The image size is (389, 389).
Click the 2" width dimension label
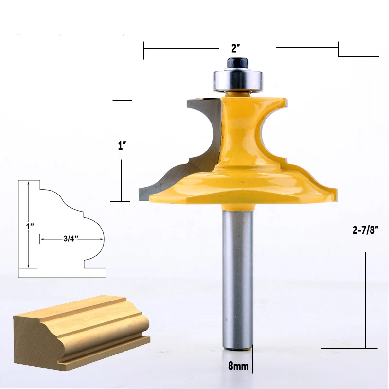pyautogui.click(x=236, y=48)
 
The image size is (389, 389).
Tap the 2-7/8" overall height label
pyautogui.click(x=366, y=230)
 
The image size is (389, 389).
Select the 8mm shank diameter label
pyautogui.click(x=238, y=366)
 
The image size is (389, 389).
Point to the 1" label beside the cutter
pyautogui.click(x=122, y=145)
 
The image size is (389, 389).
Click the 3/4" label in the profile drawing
pyautogui.click(x=71, y=239)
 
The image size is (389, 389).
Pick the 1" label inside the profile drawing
pyautogui.click(x=30, y=226)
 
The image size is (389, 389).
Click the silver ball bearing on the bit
pyautogui.click(x=237, y=80)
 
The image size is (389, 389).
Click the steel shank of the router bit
pyautogui.click(x=237, y=278)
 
